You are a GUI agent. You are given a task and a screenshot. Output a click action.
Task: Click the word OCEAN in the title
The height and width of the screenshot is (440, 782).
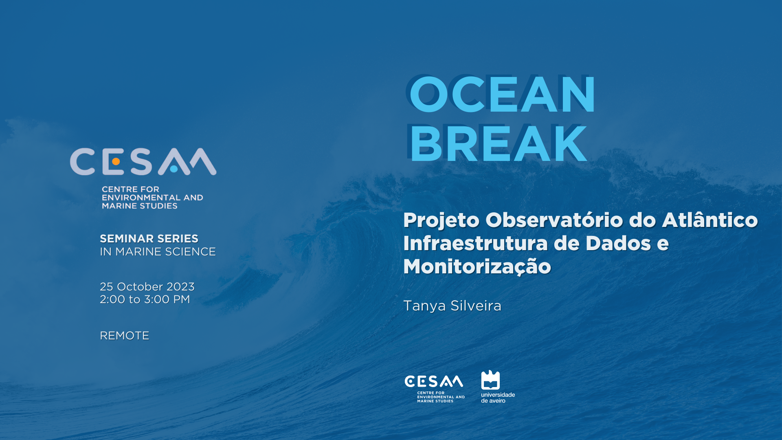pyautogui.click(x=502, y=95)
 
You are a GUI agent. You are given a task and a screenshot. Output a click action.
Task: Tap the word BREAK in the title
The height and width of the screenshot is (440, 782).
pyautogui.click(x=498, y=143)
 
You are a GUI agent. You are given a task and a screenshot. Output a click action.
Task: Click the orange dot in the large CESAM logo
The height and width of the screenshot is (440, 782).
pyautogui.click(x=116, y=162)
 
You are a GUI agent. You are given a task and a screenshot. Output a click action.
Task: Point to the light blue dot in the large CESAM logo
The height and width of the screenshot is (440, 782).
pyautogui.click(x=174, y=169)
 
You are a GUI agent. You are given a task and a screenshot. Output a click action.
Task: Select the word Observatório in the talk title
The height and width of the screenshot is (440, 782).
pyautogui.click(x=554, y=220)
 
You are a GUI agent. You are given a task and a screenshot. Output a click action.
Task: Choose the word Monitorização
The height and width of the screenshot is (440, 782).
pyautogui.click(x=477, y=267)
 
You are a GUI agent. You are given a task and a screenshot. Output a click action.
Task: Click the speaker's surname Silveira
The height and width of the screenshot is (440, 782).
pyautogui.click(x=476, y=306)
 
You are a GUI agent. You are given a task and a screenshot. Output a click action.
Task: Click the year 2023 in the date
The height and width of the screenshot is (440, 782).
pyautogui.click(x=180, y=287)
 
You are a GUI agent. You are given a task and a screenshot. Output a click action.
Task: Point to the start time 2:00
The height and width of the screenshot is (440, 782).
pyautogui.click(x=112, y=299)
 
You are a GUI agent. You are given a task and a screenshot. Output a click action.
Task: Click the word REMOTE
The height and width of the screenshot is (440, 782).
pyautogui.click(x=125, y=336)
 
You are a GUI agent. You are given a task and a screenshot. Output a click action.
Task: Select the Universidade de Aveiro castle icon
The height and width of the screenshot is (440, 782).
pyautogui.click(x=490, y=380)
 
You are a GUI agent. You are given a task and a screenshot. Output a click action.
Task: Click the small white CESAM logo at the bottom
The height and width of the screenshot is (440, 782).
pyautogui.click(x=435, y=389)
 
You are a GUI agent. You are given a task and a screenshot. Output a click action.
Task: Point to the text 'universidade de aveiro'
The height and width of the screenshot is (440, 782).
pyautogui.click(x=498, y=398)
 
